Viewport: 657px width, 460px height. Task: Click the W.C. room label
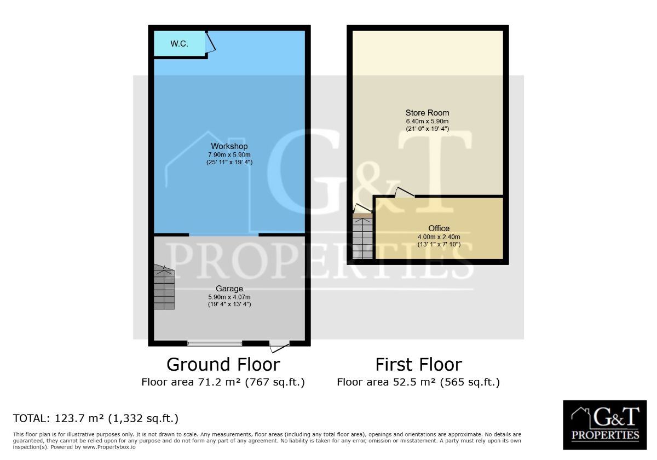(179, 44)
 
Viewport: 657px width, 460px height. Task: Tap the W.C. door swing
(211, 43)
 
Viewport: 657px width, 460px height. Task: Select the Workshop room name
(229, 146)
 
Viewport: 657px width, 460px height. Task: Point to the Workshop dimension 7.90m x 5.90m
(229, 154)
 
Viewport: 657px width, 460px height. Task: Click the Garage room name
(229, 289)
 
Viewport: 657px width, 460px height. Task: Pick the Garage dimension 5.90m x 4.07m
(229, 297)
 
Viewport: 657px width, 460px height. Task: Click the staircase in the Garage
(164, 287)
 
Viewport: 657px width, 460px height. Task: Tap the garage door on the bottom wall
(215, 343)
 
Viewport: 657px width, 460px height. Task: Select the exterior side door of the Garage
(279, 346)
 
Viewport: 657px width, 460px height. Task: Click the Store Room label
(427, 113)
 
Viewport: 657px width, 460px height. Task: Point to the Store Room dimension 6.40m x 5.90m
(427, 121)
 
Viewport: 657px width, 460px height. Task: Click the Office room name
(439, 228)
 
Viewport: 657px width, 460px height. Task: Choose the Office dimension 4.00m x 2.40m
(439, 237)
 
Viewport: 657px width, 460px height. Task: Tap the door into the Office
(404, 192)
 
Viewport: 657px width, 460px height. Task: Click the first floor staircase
(362, 236)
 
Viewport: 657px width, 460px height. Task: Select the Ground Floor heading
(223, 365)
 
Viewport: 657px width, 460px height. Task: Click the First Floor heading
(418, 365)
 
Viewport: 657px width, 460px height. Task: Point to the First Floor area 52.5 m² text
(418, 382)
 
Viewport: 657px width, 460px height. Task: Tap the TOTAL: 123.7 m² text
(96, 418)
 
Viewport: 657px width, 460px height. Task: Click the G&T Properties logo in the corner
(605, 425)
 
